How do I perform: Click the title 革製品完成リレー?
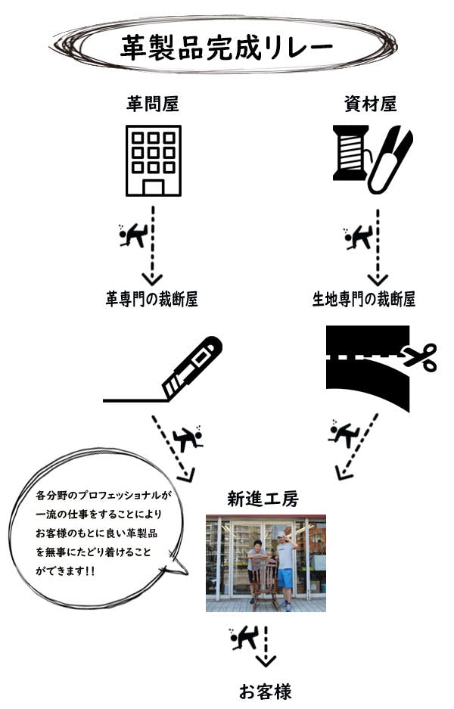[226, 47]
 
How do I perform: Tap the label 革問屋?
[153, 104]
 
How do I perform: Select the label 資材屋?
[371, 104]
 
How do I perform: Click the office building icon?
[154, 160]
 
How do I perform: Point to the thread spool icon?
[351, 153]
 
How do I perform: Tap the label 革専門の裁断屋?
[152, 299]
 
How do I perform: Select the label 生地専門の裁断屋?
[364, 299]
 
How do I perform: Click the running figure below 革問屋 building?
[133, 235]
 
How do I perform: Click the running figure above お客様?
[244, 638]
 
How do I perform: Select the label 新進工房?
[263, 499]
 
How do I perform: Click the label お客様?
[266, 692]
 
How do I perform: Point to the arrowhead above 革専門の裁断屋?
[152, 278]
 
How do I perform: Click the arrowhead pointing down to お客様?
[266, 661]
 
